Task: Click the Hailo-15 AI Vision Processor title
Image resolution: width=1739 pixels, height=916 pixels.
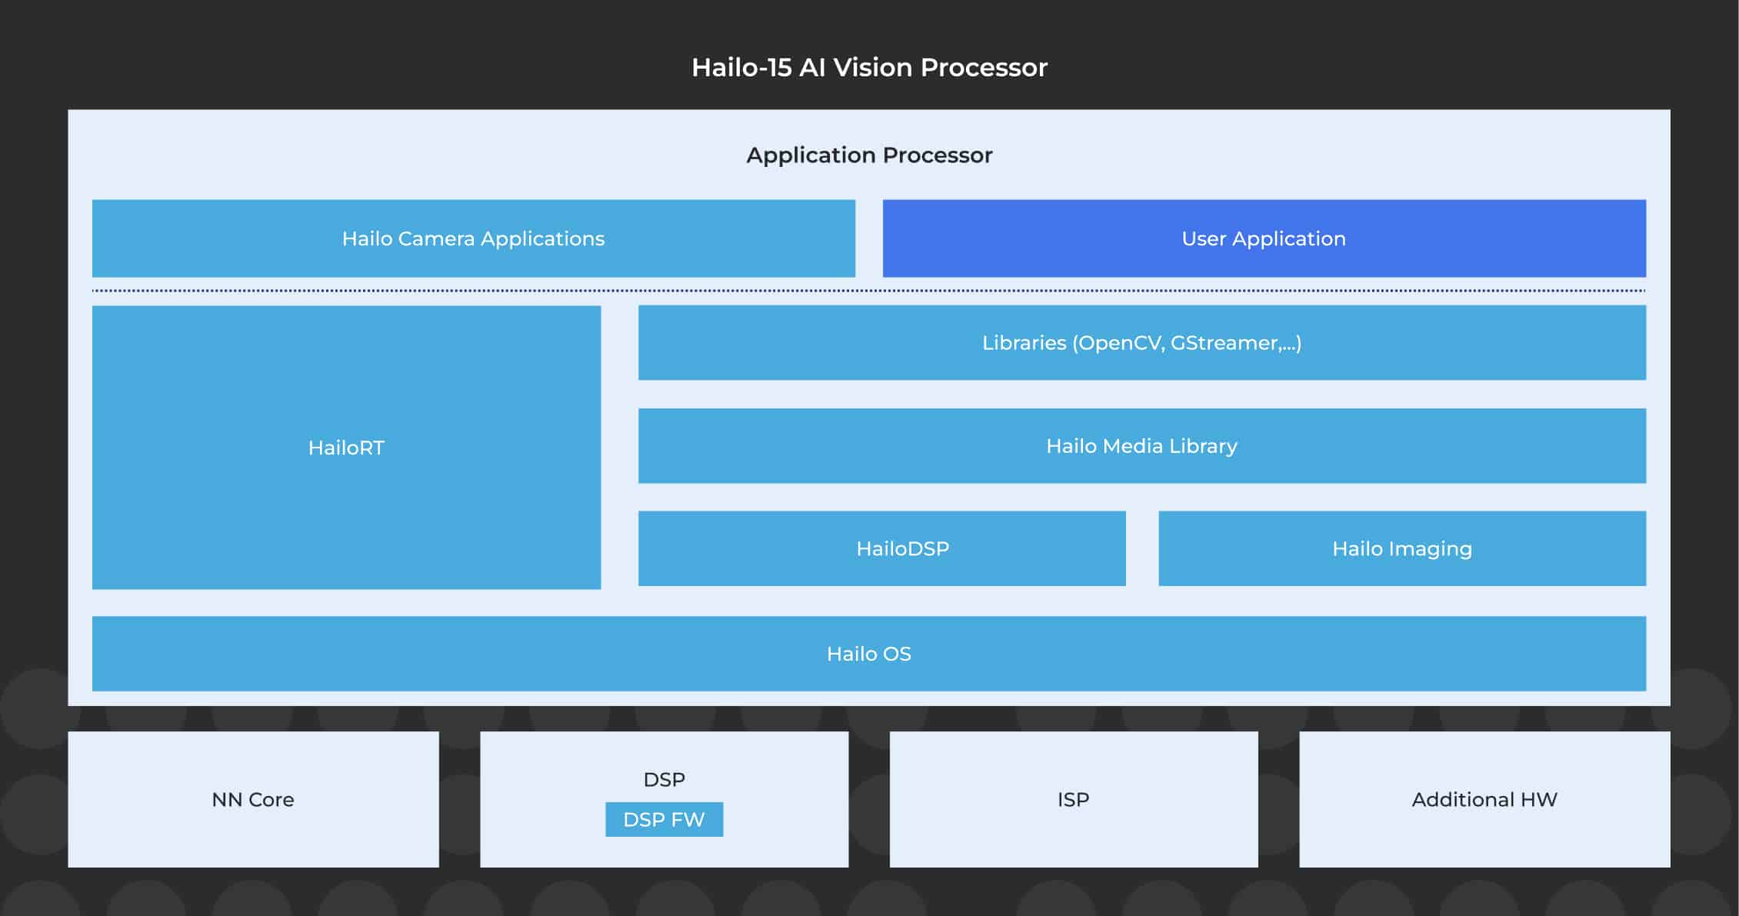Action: pyautogui.click(x=869, y=68)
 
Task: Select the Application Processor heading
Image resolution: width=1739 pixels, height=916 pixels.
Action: pyautogui.click(x=869, y=155)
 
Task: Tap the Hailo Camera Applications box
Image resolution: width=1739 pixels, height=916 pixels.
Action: pyautogui.click(x=473, y=238)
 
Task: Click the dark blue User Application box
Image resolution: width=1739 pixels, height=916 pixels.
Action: pyautogui.click(x=1264, y=238)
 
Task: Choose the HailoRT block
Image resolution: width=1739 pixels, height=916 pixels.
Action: pyautogui.click(x=346, y=448)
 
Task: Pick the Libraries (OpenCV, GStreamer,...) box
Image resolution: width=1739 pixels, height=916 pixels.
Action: pyautogui.click(x=1141, y=343)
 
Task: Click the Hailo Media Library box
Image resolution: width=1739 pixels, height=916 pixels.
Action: pyautogui.click(x=1141, y=446)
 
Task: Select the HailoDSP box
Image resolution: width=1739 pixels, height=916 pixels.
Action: pyautogui.click(x=881, y=548)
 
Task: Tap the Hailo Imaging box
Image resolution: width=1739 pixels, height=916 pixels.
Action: pyautogui.click(x=1401, y=548)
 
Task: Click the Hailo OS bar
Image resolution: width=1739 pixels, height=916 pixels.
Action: pyautogui.click(x=868, y=654)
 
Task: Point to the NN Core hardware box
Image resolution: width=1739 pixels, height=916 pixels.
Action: pyautogui.click(x=253, y=800)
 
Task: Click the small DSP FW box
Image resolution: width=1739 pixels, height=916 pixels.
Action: pyautogui.click(x=664, y=820)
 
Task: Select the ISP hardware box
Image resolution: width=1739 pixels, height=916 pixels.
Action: pyautogui.click(x=1073, y=800)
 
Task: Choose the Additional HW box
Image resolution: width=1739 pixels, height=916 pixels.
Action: pyautogui.click(x=1484, y=800)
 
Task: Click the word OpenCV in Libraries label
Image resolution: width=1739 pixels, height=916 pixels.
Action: pyautogui.click(x=1121, y=343)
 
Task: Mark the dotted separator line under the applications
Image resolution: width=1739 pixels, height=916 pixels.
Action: pyautogui.click(x=868, y=291)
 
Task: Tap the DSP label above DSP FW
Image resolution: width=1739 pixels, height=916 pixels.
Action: pyautogui.click(x=664, y=780)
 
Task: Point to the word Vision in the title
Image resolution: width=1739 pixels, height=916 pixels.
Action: pyautogui.click(x=874, y=68)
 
